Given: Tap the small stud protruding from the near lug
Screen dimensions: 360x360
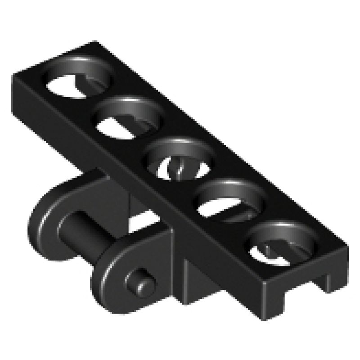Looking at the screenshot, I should click(139, 282).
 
